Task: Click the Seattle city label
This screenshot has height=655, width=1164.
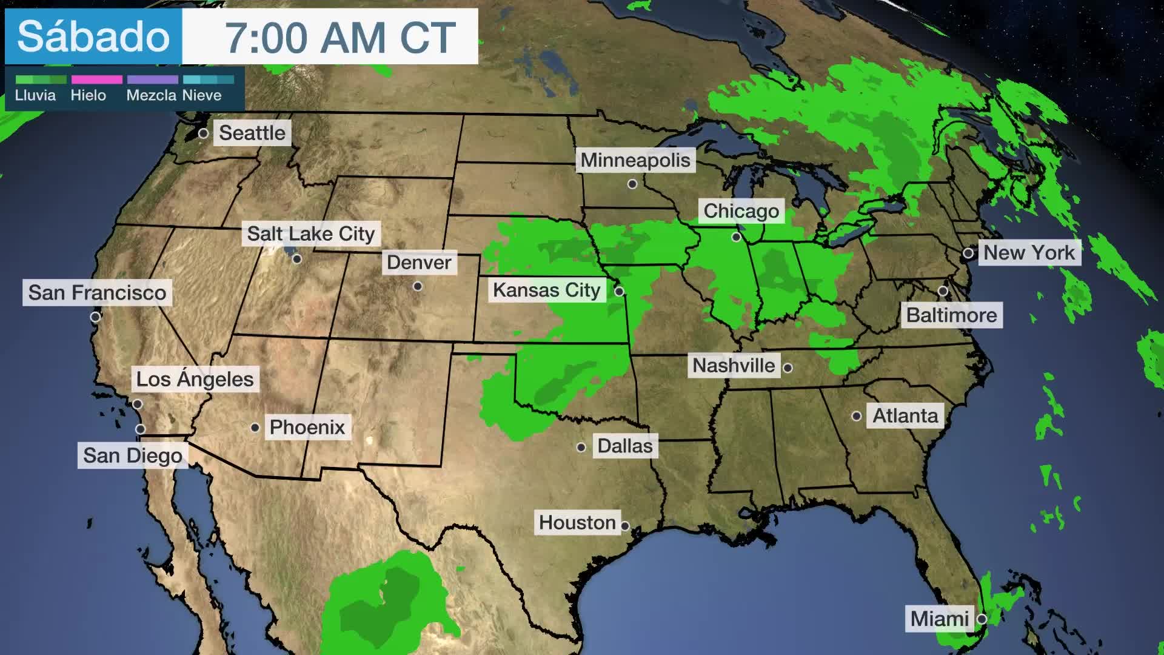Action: tap(252, 133)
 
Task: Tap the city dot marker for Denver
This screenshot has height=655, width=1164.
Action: tap(418, 286)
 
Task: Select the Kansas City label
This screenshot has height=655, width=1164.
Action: tap(546, 291)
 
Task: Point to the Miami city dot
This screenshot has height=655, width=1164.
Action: tap(982, 619)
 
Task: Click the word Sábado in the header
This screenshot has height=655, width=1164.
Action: tap(93, 36)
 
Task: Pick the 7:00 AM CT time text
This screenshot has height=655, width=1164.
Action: tap(340, 38)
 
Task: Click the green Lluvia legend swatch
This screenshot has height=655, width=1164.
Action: tap(41, 79)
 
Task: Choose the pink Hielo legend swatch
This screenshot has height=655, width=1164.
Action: tap(97, 79)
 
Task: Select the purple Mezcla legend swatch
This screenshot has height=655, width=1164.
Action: tap(152, 79)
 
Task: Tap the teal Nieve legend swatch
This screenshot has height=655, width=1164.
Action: tap(208, 79)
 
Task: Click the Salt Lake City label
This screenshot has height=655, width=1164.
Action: tap(311, 233)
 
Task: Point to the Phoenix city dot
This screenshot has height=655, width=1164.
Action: tap(255, 428)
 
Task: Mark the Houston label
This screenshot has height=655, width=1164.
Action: tap(577, 522)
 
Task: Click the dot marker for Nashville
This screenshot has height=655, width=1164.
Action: tap(788, 368)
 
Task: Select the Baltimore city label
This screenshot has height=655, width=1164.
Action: tap(951, 315)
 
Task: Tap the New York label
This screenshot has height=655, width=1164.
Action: tap(1029, 252)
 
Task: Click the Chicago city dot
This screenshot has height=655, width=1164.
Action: tap(737, 237)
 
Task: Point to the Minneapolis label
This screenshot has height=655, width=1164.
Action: tap(635, 160)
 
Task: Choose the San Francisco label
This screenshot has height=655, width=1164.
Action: tap(97, 292)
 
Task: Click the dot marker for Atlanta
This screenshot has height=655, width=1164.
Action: tap(857, 416)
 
